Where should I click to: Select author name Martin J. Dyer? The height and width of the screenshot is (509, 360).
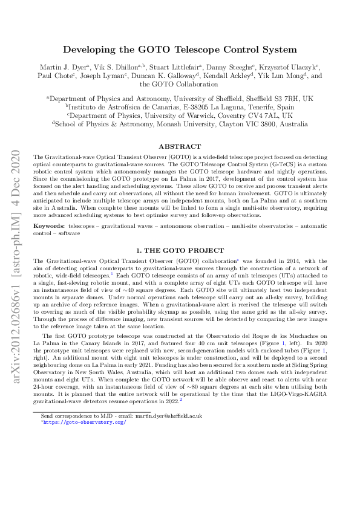click(x=66, y=67)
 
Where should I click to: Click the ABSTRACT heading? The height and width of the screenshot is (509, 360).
click(x=180, y=146)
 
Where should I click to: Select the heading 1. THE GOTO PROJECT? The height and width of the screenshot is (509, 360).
click(x=180, y=267)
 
